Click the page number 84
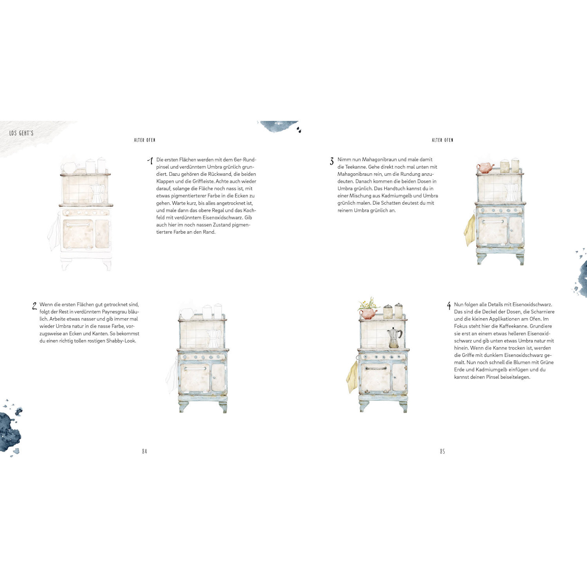144,451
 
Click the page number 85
442,451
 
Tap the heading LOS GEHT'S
22,133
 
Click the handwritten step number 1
150,160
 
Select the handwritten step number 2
34,306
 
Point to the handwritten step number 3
332,161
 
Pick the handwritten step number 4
449,306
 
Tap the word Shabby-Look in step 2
121,341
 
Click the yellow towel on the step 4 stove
352,377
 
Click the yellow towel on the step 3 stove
470,230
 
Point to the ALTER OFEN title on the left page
145,140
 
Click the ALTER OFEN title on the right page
443,140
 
